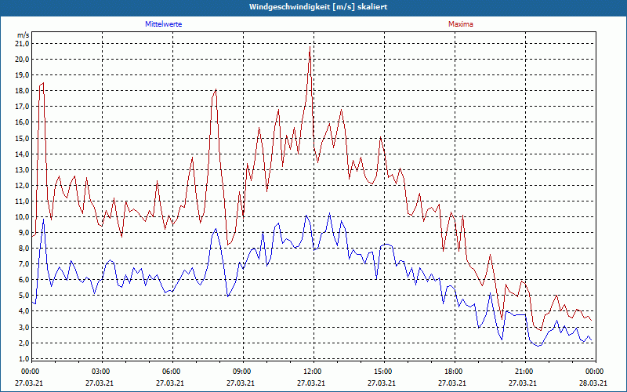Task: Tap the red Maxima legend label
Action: [460, 24]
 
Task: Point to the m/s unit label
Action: [23, 35]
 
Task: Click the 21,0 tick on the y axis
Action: [22, 44]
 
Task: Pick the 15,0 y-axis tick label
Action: [22, 138]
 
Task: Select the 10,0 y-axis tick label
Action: [22, 217]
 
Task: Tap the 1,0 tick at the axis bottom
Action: [24, 358]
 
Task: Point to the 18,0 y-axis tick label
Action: [22, 91]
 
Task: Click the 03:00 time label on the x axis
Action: [101, 371]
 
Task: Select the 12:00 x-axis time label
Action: [312, 371]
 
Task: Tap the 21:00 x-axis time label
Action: [524, 371]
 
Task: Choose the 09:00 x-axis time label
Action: [241, 371]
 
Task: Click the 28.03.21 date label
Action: [593, 383]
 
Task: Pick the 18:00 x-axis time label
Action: [453, 371]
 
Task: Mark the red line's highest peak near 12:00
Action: [310, 48]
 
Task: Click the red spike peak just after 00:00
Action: [42, 82]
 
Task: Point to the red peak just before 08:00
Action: [216, 90]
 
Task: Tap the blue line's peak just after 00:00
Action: [43, 220]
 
